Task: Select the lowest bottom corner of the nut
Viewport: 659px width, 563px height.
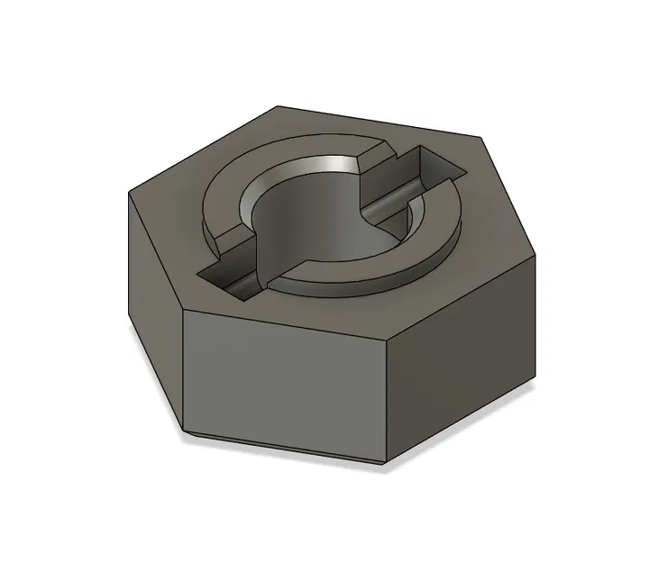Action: (x=389, y=465)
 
